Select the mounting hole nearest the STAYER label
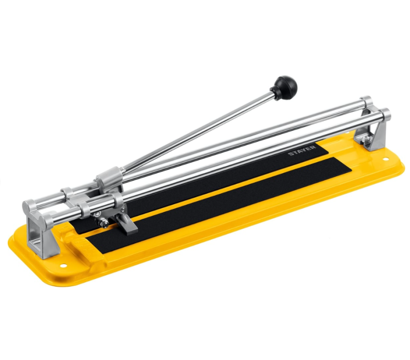click(x=385, y=160)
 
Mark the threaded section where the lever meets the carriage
click(x=123, y=172)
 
